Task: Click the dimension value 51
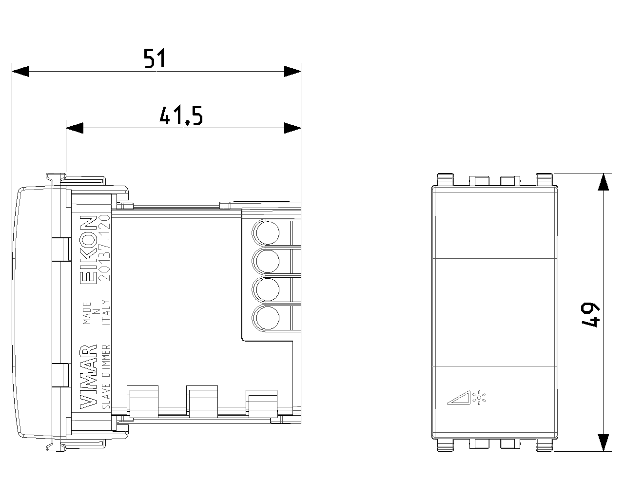pyautogui.click(x=155, y=59)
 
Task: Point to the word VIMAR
pyautogui.click(x=88, y=377)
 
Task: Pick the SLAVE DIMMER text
pyautogui.click(x=106, y=379)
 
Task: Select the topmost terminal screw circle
pyautogui.click(x=266, y=233)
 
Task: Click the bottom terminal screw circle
pyautogui.click(x=266, y=319)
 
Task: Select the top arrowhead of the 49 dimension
pyautogui.click(x=604, y=182)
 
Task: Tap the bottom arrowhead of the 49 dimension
pyautogui.click(x=604, y=442)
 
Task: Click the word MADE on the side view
pyautogui.click(x=87, y=313)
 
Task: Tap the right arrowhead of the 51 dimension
pyautogui.click(x=292, y=71)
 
